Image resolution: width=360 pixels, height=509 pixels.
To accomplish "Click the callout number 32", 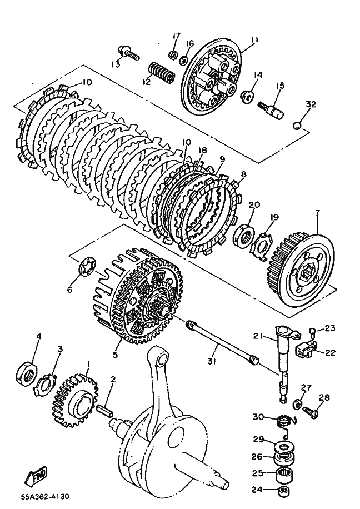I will click(311, 104).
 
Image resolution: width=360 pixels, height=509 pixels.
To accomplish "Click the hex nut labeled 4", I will click(28, 369).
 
